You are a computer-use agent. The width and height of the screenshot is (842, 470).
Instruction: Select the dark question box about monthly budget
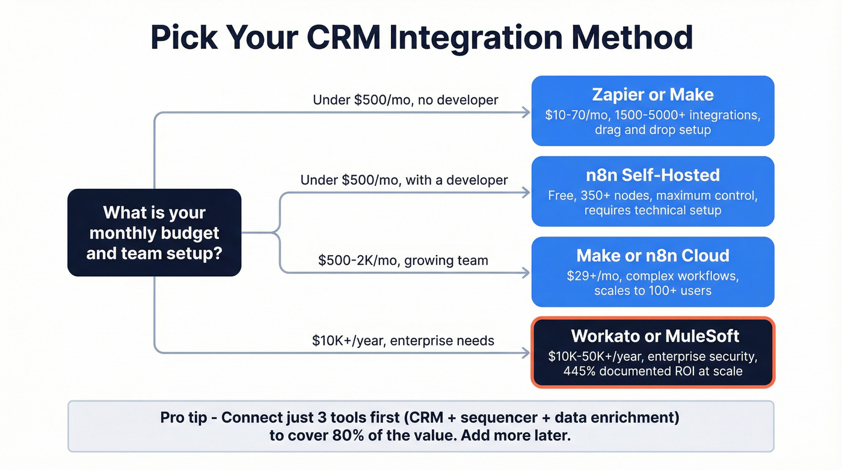click(x=154, y=233)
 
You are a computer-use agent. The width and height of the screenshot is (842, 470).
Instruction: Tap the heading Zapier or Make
click(x=653, y=94)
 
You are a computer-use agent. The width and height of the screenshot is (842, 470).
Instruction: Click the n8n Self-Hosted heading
click(x=653, y=175)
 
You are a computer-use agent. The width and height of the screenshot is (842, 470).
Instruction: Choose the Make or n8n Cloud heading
click(x=653, y=255)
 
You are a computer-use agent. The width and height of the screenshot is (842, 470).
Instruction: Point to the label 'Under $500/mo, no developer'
click(x=405, y=100)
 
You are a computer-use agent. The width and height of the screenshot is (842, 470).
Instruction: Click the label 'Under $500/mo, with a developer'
click(x=404, y=180)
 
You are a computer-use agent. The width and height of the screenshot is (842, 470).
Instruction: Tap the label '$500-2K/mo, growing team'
click(x=403, y=261)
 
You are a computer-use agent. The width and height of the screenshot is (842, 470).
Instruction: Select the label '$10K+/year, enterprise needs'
click(x=403, y=341)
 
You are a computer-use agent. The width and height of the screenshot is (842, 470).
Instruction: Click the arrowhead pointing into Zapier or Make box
click(x=527, y=112)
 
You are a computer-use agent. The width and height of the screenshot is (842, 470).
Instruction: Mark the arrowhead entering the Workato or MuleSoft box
click(x=527, y=353)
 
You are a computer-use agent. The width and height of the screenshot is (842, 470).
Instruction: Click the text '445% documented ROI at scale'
click(x=653, y=371)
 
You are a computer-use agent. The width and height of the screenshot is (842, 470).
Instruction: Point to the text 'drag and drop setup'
click(x=653, y=130)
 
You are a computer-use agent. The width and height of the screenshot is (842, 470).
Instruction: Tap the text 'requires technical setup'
click(x=653, y=210)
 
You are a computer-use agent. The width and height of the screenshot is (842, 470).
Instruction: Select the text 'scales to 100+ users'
click(x=653, y=291)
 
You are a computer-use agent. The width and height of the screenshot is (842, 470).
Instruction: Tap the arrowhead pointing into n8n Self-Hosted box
click(x=527, y=193)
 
